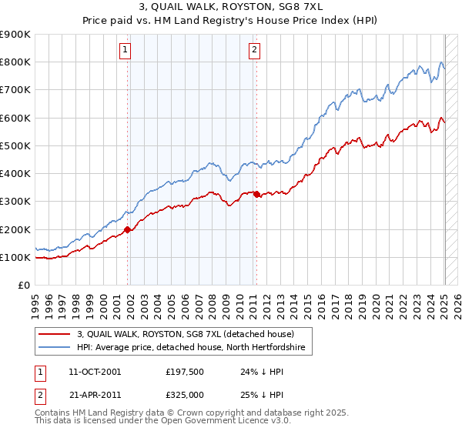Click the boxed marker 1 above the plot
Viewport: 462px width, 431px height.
pyautogui.click(x=125, y=51)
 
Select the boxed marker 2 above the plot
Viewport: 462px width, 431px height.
pyautogui.click(x=254, y=51)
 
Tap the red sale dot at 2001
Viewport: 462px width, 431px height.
pyautogui.click(x=128, y=229)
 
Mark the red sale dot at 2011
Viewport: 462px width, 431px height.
pyautogui.click(x=257, y=194)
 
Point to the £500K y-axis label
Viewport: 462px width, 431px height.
pyautogui.click(x=15, y=145)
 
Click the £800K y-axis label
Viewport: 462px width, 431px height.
pyautogui.click(x=15, y=62)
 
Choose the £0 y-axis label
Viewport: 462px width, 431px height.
pyautogui.click(x=25, y=285)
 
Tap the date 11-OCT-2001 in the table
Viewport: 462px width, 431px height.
pyautogui.click(x=95, y=372)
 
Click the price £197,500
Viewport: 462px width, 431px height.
pyautogui.click(x=183, y=372)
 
